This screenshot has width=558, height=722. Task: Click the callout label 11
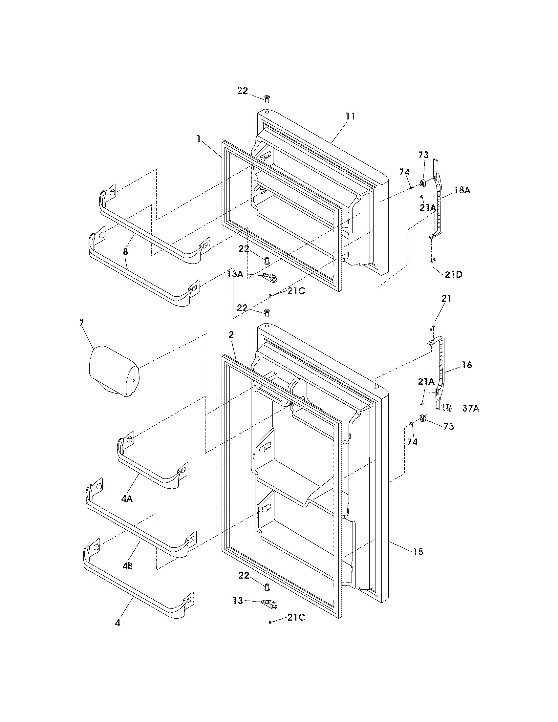click(x=350, y=116)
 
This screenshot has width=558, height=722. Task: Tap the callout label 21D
click(x=453, y=274)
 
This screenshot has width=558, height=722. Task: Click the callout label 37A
click(x=470, y=409)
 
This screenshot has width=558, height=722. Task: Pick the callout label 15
click(x=418, y=551)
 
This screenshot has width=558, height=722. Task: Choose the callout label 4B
click(x=128, y=566)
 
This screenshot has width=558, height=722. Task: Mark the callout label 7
click(x=82, y=323)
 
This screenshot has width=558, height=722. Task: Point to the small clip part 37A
click(x=449, y=408)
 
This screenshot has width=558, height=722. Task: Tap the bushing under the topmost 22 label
click(x=267, y=98)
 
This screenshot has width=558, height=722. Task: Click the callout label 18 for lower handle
click(x=467, y=365)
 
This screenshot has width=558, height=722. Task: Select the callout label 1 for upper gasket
click(x=199, y=139)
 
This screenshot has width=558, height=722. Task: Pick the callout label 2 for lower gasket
click(x=231, y=335)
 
